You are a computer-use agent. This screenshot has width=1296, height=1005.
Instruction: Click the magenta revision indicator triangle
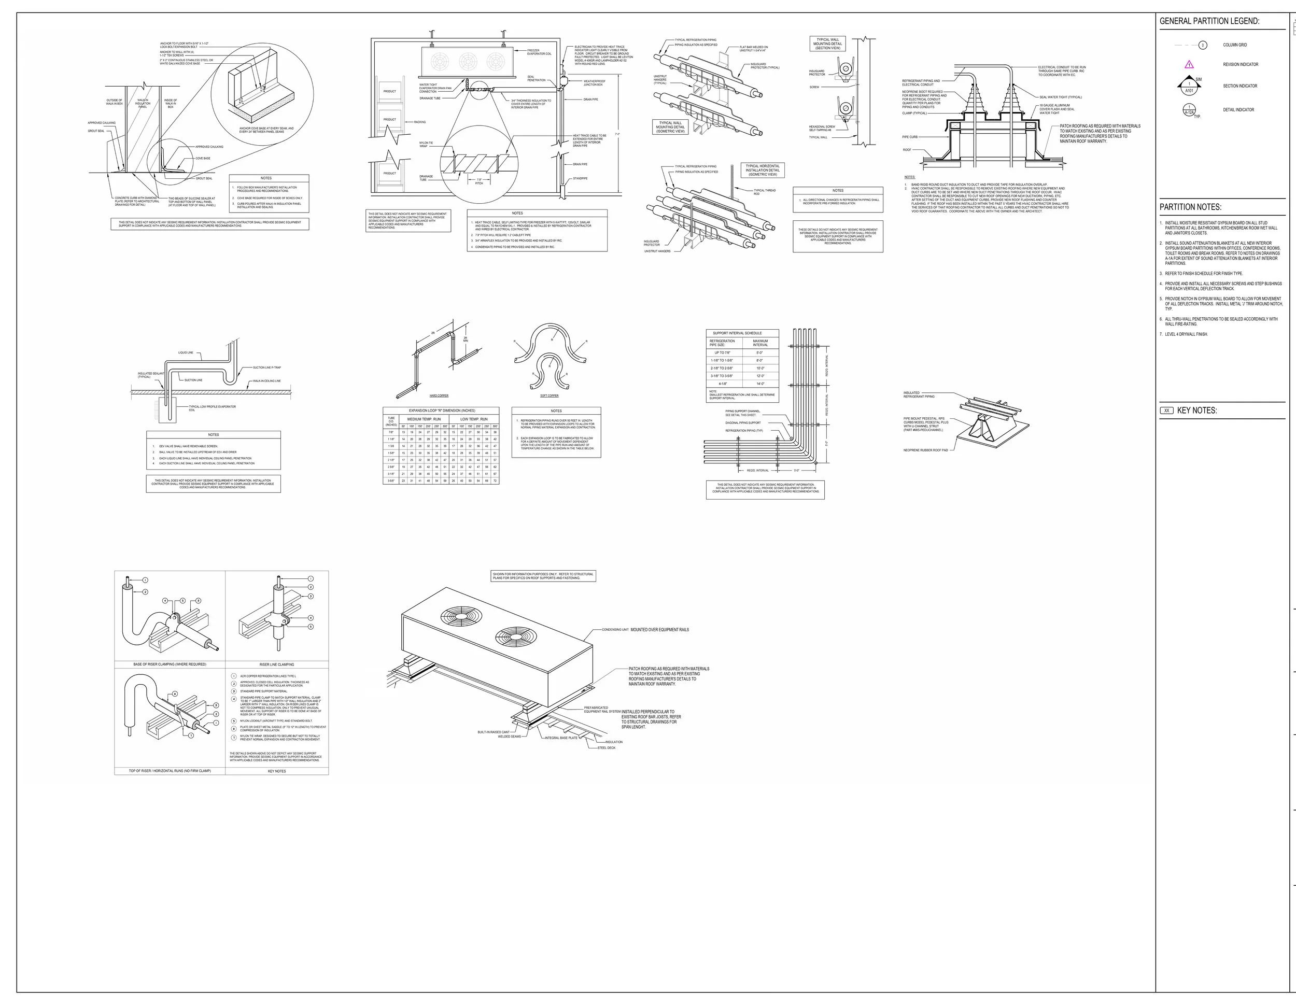tap(1189, 65)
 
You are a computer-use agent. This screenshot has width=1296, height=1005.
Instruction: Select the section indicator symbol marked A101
tap(1189, 87)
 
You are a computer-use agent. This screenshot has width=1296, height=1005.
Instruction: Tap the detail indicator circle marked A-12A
tap(1189, 110)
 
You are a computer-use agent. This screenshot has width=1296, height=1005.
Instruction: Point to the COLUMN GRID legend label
tap(1234, 45)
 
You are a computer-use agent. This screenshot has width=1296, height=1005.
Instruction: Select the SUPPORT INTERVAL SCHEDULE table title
tap(737, 333)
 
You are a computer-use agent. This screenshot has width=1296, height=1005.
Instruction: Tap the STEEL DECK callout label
tap(607, 748)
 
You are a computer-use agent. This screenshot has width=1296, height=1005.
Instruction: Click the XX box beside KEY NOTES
tap(1166, 411)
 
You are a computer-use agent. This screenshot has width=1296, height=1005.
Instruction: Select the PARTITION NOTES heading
tap(1190, 207)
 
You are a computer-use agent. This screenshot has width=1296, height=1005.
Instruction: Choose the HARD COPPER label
tap(439, 395)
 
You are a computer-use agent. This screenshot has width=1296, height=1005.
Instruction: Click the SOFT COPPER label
tap(550, 395)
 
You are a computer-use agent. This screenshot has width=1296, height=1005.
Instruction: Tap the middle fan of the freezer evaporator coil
tap(468, 61)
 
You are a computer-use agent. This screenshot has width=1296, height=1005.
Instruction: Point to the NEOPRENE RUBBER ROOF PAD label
tap(926, 450)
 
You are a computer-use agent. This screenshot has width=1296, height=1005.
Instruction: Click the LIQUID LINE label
tap(186, 353)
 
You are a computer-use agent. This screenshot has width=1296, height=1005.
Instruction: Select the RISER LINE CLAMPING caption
tap(276, 664)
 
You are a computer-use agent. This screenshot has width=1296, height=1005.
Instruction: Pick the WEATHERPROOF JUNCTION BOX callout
tap(594, 83)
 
